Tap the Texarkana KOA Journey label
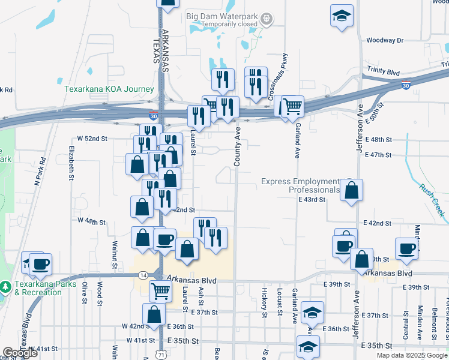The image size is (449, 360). pos(109,89)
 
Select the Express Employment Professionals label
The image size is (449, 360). pos(301,185)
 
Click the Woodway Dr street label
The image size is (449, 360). pos(385,40)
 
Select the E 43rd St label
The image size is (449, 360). pos(312,199)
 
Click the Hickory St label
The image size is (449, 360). pos(264,302)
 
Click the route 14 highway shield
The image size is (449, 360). pos(143,275)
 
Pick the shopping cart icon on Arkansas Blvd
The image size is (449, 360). pos(160,291)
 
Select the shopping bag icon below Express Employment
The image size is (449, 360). pos(352,190)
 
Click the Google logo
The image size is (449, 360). pos(20,353)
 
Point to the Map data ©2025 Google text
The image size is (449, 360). pos(412,355)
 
